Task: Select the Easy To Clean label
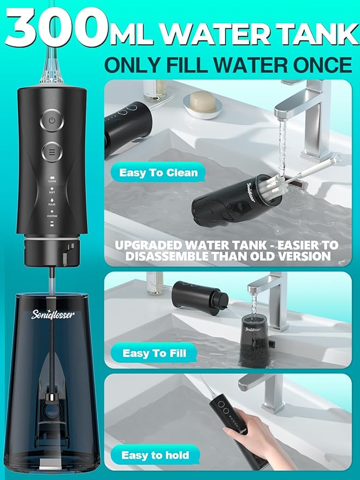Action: pos(158,173)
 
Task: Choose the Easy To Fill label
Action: pos(154,353)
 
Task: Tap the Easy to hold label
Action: pos(155,455)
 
